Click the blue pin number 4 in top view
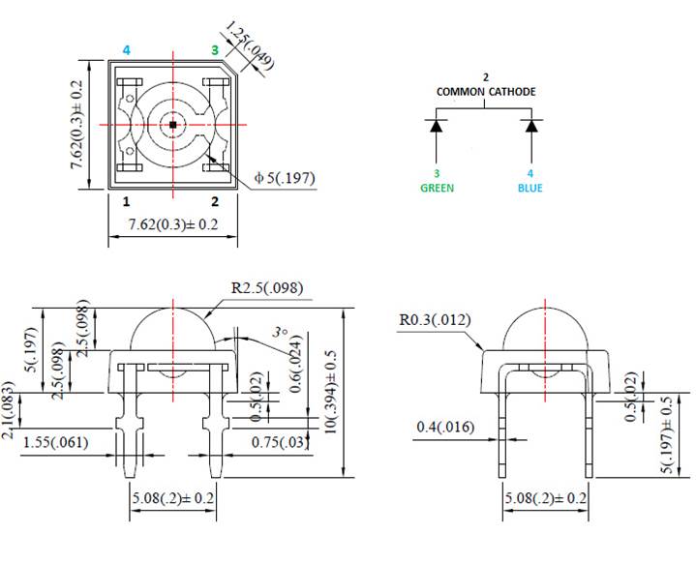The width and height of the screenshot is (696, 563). (127, 49)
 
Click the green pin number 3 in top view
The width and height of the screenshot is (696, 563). (215, 49)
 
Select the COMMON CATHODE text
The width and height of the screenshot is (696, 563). (485, 92)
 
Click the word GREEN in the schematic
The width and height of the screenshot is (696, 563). (437, 188)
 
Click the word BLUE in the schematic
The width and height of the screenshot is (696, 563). (530, 188)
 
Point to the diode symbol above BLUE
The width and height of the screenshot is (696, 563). (530, 126)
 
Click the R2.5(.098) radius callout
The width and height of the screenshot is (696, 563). (266, 287)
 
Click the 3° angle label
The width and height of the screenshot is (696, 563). (280, 332)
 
